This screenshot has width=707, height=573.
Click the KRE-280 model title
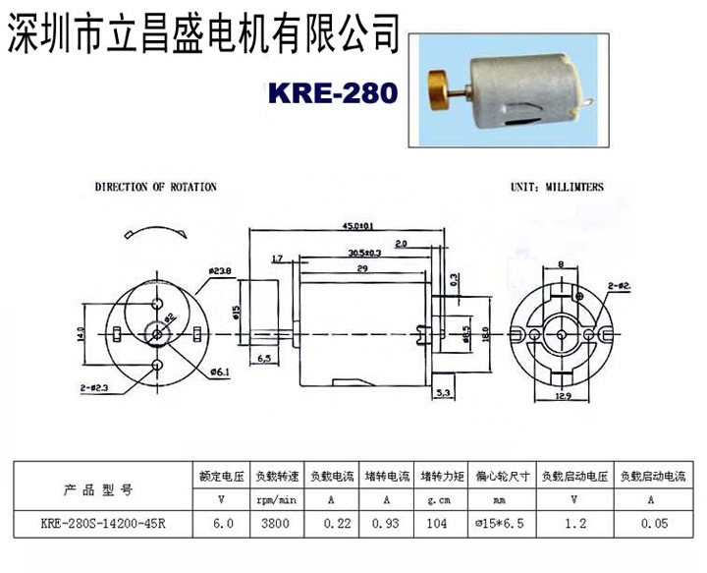click(332, 92)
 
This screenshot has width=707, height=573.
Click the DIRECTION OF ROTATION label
click(155, 186)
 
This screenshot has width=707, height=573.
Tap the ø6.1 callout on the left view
click(220, 372)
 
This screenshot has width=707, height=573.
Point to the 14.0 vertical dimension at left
click(82, 334)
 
